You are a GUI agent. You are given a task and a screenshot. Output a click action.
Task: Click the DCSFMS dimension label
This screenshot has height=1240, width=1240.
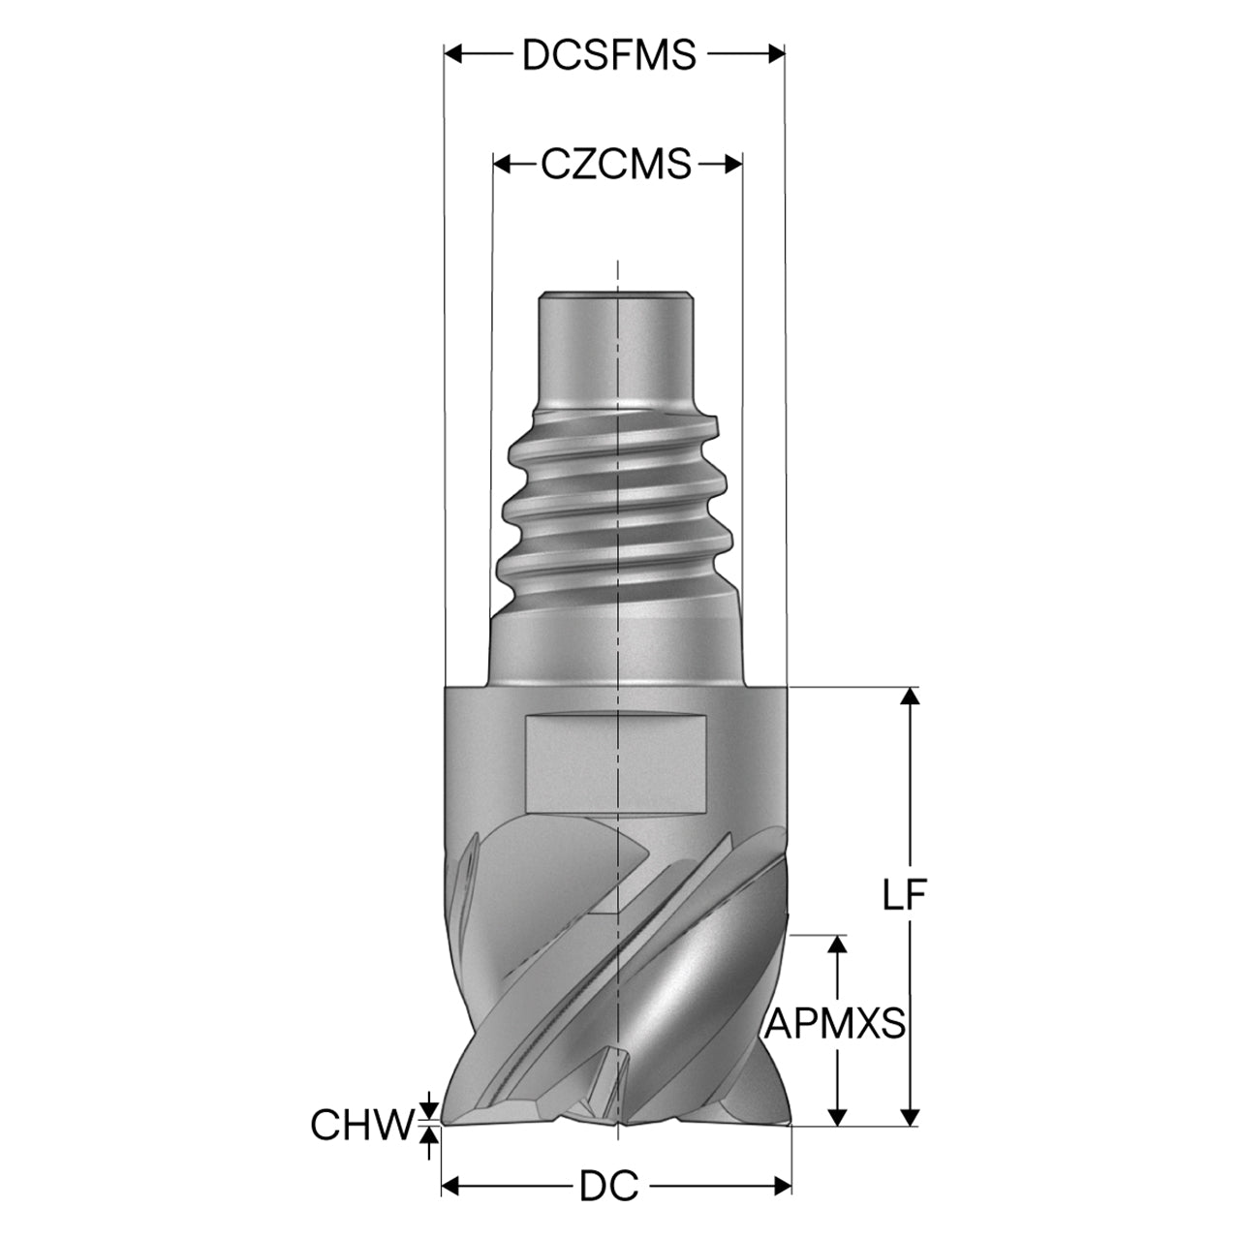pos(608,54)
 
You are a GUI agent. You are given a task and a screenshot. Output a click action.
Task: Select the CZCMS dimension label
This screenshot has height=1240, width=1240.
pos(616,164)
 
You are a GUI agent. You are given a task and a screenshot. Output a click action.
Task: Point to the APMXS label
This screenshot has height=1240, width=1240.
pos(835,1023)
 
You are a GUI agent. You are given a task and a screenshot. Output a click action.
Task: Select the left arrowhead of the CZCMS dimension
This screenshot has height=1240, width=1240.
pos(502,165)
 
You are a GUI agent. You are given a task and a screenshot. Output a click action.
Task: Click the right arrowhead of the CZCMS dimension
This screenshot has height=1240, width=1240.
pos(733,165)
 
